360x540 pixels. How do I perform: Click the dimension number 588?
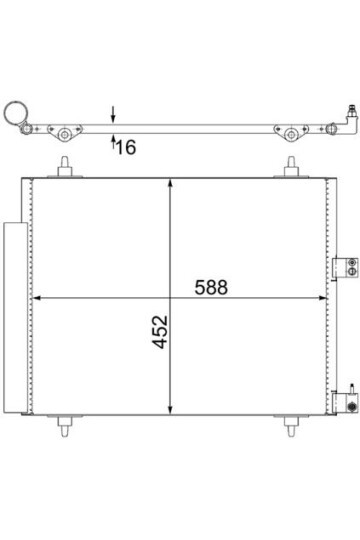[211, 286]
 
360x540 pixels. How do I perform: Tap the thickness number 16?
[125, 149]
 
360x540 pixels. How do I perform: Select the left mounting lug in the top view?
[65, 132]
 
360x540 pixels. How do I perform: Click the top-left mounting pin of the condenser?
[66, 167]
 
